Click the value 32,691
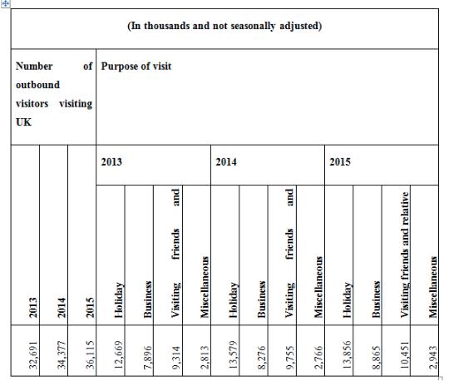[x=33, y=355]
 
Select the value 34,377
[x=62, y=355]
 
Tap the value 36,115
[x=90, y=355]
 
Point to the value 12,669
[x=118, y=355]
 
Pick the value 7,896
[x=147, y=358]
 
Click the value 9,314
[x=175, y=358]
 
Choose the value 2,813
[x=205, y=358]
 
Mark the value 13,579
[x=233, y=355]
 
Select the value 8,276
[x=261, y=358]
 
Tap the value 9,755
[x=290, y=358]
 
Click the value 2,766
[x=318, y=358]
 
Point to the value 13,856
[x=347, y=355]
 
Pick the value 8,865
[x=375, y=358]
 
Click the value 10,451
[x=404, y=355]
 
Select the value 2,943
[x=432, y=358]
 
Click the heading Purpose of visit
[x=136, y=67]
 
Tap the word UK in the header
[x=23, y=122]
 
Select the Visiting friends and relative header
[x=404, y=255]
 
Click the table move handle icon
[x=6, y=3]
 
